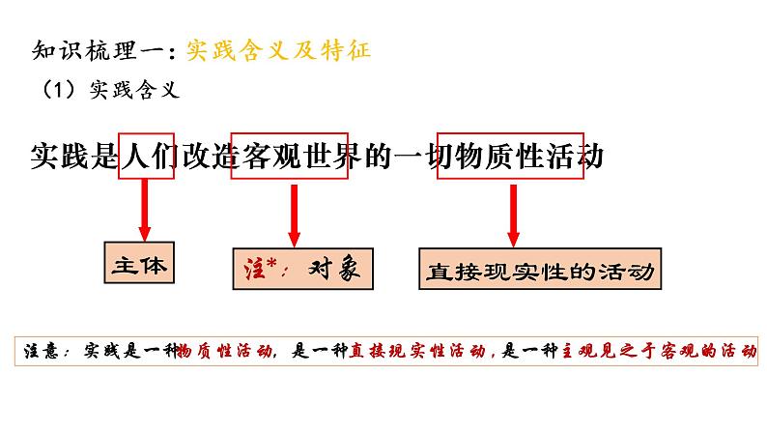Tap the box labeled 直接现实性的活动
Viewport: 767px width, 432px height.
coord(539,272)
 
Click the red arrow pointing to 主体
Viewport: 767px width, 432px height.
coord(145,209)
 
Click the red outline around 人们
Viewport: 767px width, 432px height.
coord(146,155)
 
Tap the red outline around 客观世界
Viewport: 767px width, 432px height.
coord(296,155)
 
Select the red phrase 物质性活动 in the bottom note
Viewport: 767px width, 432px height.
coord(226,351)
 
